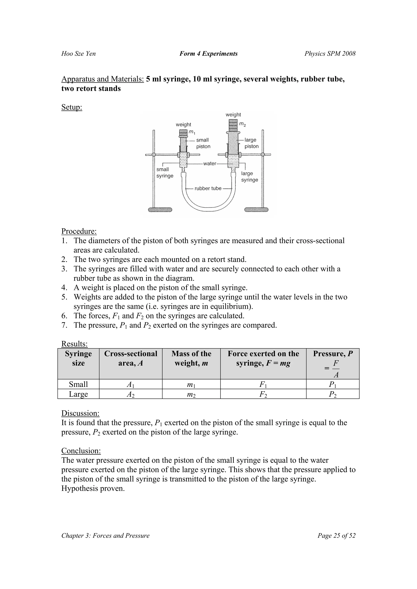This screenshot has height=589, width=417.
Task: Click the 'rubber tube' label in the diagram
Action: tap(208, 188)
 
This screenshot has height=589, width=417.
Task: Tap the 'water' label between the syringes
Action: tap(210, 163)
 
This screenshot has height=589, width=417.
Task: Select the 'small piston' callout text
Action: tap(203, 143)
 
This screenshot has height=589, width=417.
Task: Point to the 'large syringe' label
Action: tap(249, 176)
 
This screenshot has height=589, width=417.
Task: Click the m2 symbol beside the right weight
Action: tap(242, 124)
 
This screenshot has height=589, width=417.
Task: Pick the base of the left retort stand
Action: tap(160, 210)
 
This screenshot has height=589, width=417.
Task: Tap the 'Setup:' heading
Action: tap(72, 107)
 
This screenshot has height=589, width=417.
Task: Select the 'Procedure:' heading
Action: tap(79, 231)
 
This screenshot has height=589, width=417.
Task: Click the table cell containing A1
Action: tap(131, 384)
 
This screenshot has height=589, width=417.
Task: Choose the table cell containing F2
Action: tap(263, 394)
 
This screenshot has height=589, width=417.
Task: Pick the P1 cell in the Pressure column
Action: tap(333, 384)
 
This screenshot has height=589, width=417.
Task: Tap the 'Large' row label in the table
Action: tap(78, 394)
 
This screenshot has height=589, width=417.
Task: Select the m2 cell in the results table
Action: tap(191, 394)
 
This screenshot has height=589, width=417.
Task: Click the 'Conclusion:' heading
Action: tap(81, 451)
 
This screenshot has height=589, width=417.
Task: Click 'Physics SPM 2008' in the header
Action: tap(330, 54)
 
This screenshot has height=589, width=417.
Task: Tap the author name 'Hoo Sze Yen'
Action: tap(78, 54)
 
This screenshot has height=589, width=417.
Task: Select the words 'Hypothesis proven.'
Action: tap(93, 488)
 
